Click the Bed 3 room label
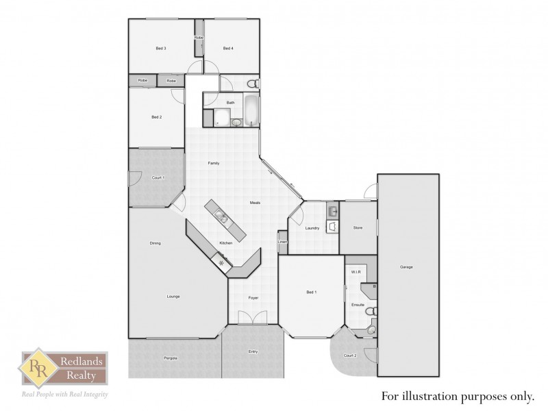(x=161, y=48)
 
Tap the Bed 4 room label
(x=228, y=48)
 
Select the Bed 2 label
(x=156, y=117)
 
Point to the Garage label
(x=406, y=267)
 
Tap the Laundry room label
(x=313, y=228)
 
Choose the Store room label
(x=358, y=227)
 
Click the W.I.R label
(x=356, y=272)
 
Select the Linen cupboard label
(x=282, y=241)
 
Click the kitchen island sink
(x=221, y=218)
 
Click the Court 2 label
(x=349, y=355)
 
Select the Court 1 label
(x=156, y=177)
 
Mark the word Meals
(x=255, y=203)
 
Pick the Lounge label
(x=173, y=297)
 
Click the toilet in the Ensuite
(x=371, y=312)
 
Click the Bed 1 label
(x=311, y=292)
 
